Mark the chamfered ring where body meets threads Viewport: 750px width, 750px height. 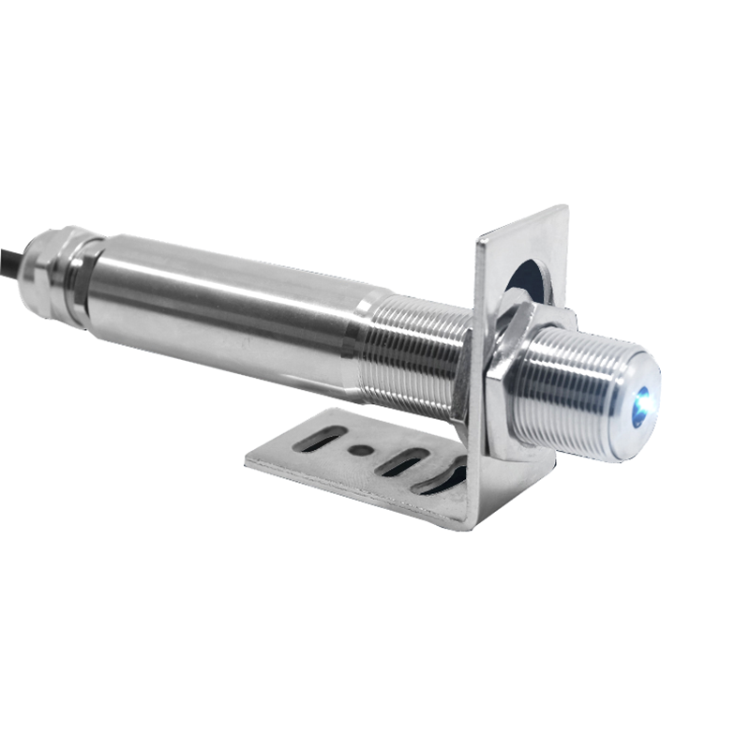(x=361, y=333)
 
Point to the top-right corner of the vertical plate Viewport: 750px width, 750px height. (x=565, y=209)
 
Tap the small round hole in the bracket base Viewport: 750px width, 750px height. (x=359, y=450)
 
